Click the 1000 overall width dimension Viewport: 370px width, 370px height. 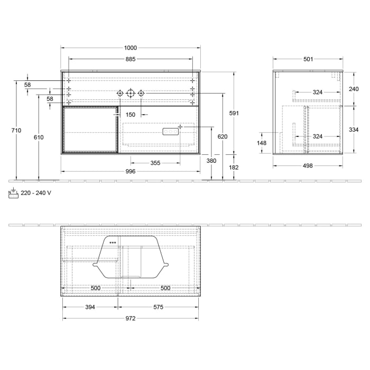pos(131,48)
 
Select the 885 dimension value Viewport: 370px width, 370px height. pos(131,59)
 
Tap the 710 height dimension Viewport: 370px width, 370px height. pos(20,131)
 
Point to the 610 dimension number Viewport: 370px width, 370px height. pos(38,137)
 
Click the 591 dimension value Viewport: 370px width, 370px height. pos(234,113)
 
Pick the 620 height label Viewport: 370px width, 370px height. pos(223,137)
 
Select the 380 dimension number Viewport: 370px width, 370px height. pos(211,161)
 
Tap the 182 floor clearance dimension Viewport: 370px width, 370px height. pos(234,168)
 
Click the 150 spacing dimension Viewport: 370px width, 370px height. pos(131,115)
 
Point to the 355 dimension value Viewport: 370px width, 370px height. pos(155,163)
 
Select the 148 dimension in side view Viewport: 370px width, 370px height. pos(262,143)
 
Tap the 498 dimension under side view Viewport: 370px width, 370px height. pos(308,166)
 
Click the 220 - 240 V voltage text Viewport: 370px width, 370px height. pos(36,193)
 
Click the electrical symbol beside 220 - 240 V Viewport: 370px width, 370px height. pos(14,193)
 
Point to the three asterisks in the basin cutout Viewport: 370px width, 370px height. pos(113,243)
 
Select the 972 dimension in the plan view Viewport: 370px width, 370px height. pos(131,318)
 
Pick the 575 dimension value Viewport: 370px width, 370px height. pos(159,307)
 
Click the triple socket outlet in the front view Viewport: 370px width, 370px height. pos(171,132)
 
